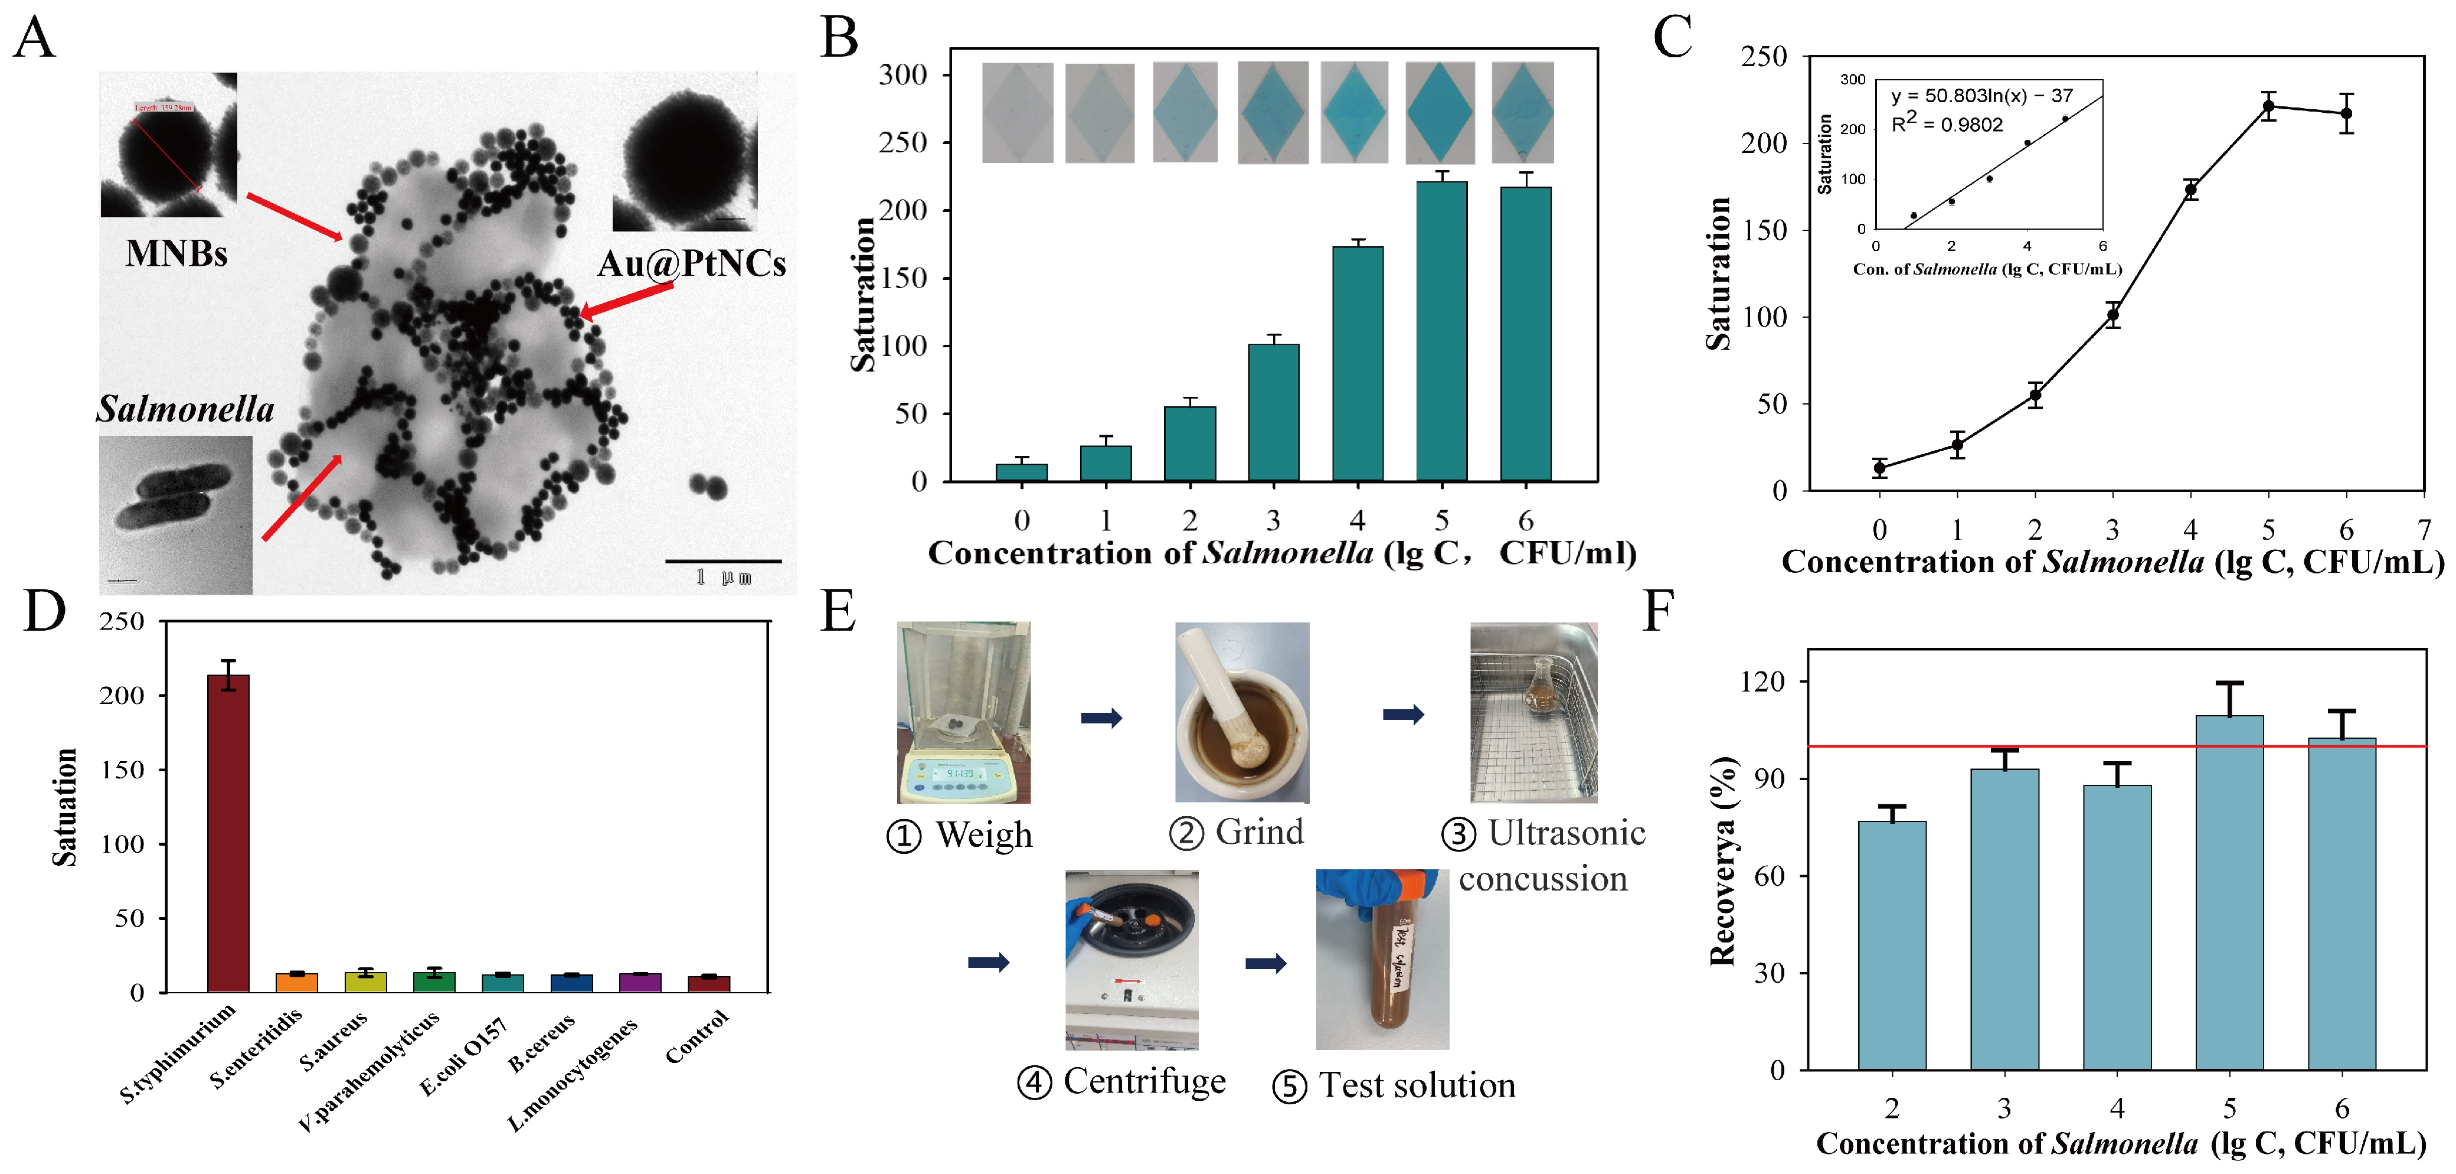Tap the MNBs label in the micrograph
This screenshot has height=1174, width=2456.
[176, 254]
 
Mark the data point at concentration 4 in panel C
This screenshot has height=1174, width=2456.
[2191, 190]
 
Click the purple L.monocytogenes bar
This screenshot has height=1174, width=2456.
[640, 982]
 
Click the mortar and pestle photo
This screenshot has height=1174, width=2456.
[1241, 712]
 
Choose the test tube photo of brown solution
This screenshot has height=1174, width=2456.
[1382, 960]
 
